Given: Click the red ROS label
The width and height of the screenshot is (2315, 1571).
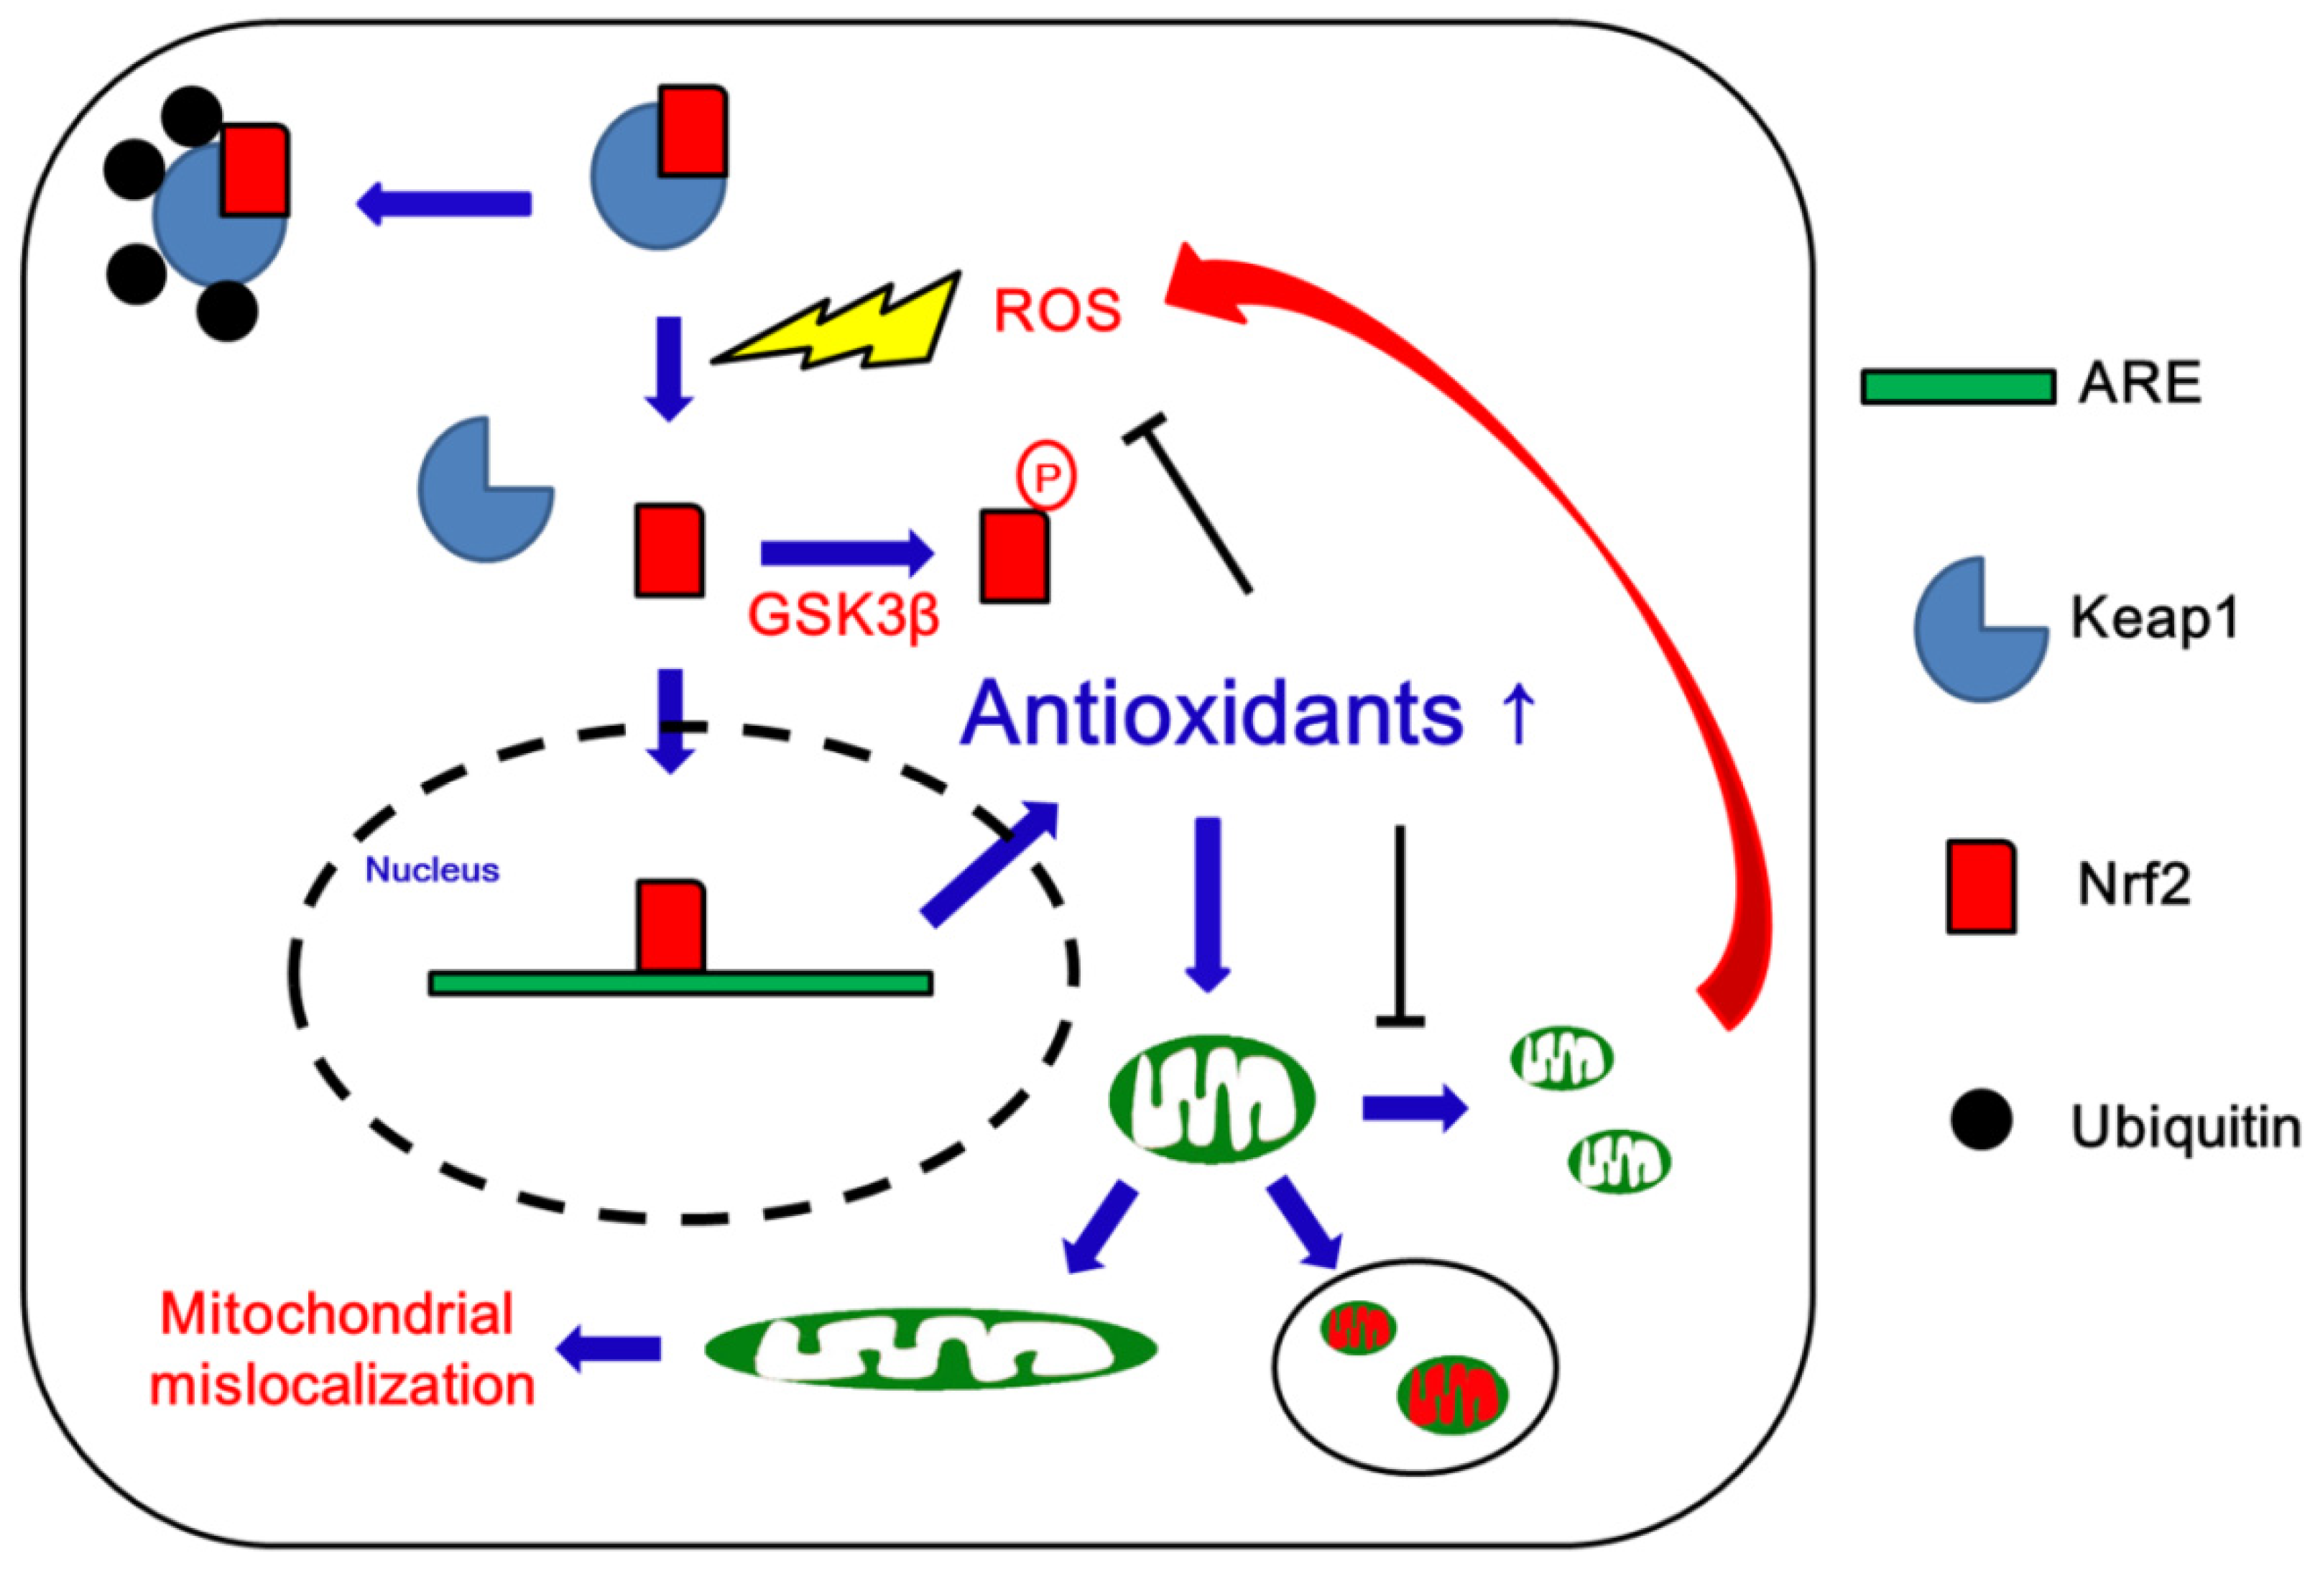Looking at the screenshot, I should point(1057,310).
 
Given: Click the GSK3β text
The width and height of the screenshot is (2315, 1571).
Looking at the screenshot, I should point(843,614).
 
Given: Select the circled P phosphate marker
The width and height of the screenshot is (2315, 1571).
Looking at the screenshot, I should point(1046,479).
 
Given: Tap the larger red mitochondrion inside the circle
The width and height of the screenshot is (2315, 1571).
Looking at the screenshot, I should point(1452,1395).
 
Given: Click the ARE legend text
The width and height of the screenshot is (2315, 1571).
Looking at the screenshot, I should point(2139,384).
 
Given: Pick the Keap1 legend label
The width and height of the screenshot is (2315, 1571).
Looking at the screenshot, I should point(2155,617).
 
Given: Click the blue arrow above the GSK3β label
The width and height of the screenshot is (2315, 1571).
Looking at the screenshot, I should point(846,554).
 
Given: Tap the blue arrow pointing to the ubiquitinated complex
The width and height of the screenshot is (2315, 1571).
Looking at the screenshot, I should point(443,203).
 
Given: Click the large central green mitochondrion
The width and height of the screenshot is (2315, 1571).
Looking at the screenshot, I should point(1211,1099).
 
